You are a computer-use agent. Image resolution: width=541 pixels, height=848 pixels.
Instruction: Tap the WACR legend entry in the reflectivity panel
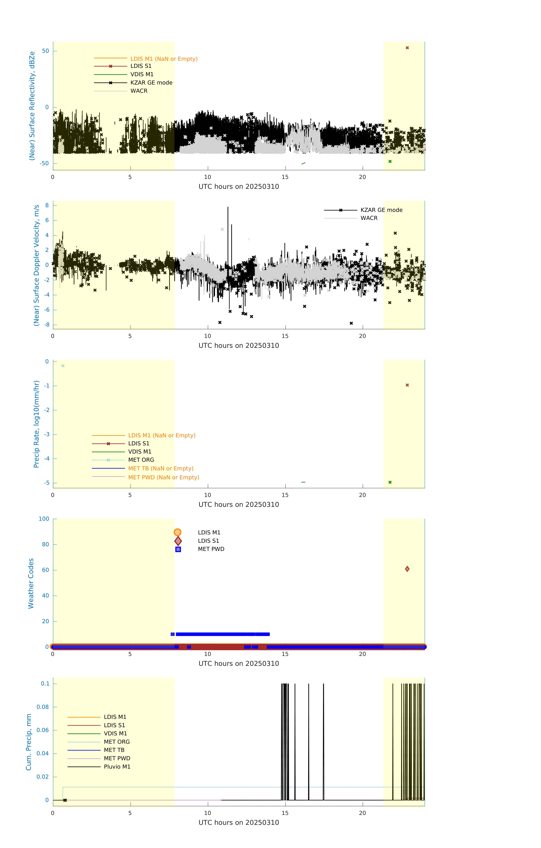click(x=139, y=91)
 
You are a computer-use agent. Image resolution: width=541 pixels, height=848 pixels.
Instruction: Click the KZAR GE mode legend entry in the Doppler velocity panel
click(x=381, y=210)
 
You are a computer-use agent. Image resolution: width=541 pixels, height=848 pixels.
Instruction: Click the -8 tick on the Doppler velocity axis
click(x=47, y=325)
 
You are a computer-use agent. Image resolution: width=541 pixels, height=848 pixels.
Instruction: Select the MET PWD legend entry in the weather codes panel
click(x=211, y=549)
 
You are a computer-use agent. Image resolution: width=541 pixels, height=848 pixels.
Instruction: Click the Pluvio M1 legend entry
click(x=117, y=767)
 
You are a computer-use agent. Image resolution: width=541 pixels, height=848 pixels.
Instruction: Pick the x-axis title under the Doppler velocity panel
click(x=239, y=345)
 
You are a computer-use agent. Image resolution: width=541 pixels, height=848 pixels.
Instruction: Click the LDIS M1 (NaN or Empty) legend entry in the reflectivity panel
click(x=164, y=59)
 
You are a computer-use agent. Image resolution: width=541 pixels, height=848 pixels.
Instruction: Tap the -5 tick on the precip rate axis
click(x=47, y=483)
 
